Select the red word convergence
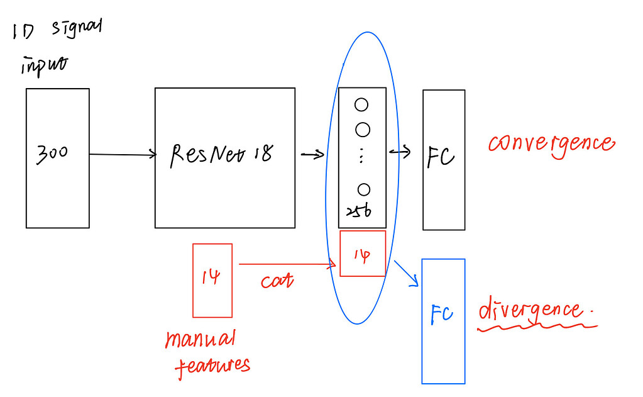point(551,144)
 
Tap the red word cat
point(277,280)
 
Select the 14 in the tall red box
point(211,277)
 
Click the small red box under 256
point(363,254)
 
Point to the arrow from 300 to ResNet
point(123,154)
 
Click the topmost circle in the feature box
point(361,105)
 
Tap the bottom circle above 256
point(363,189)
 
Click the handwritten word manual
point(200,340)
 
